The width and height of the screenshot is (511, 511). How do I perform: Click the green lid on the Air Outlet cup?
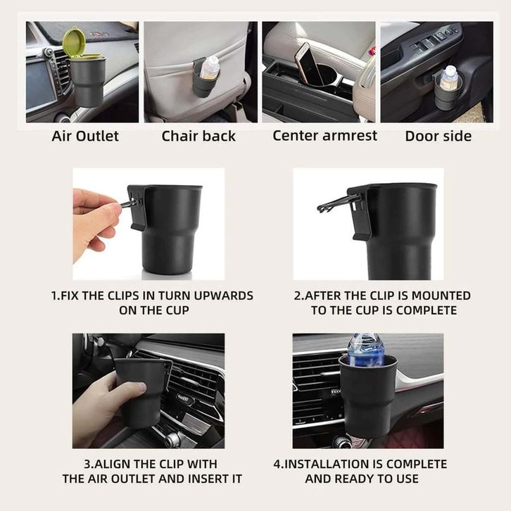click(x=74, y=42)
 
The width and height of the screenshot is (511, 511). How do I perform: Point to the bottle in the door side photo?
click(x=449, y=77)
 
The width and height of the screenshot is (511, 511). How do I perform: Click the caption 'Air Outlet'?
click(x=85, y=137)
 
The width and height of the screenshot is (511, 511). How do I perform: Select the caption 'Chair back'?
click(x=198, y=137)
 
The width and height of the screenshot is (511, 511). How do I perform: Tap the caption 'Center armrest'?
click(x=325, y=136)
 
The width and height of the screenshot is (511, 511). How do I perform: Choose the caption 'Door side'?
click(x=439, y=137)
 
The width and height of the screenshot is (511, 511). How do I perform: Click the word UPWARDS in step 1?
click(x=224, y=296)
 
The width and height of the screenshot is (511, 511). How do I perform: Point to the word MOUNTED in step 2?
click(x=441, y=296)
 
